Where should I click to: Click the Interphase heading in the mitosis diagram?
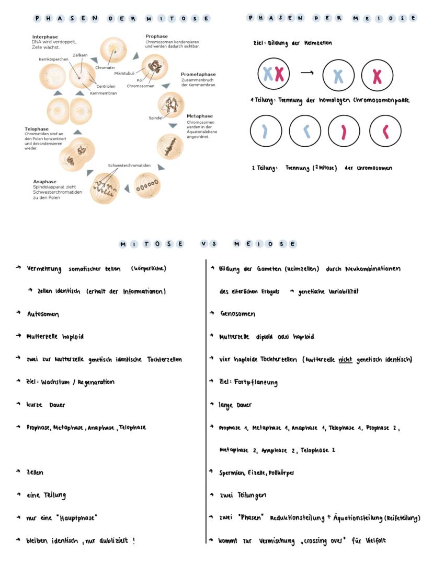(x=45, y=37)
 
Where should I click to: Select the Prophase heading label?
(x=156, y=36)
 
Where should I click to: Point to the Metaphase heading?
(x=200, y=116)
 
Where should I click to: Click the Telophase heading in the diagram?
(x=37, y=128)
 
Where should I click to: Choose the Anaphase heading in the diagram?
(x=45, y=182)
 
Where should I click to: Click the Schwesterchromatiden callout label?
(x=129, y=166)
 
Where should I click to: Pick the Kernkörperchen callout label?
(x=53, y=59)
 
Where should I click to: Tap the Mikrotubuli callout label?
(x=125, y=73)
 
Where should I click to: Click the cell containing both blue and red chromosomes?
(x=274, y=74)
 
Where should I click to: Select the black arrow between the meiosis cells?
(x=307, y=73)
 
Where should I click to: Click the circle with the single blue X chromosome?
(x=338, y=75)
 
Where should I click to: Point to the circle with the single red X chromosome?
(x=377, y=75)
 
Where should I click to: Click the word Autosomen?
(x=43, y=314)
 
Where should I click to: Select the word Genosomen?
(x=238, y=314)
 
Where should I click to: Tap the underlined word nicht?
(x=345, y=359)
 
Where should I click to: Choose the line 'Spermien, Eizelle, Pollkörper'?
(x=256, y=473)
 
